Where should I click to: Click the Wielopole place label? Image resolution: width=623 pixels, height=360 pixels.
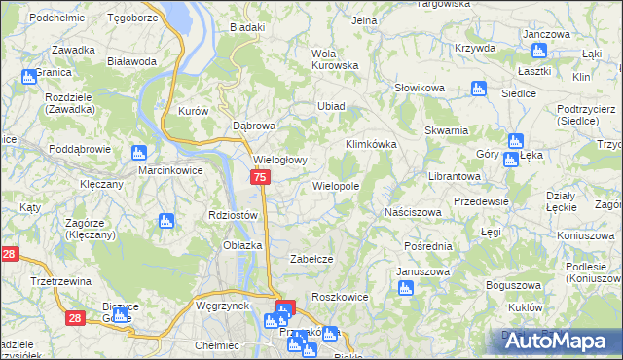coord(336,185)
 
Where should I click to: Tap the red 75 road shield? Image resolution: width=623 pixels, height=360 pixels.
coord(260,177)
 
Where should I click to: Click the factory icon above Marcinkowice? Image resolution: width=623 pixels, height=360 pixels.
coord(138,152)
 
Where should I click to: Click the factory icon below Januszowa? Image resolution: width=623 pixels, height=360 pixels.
coord(406,288)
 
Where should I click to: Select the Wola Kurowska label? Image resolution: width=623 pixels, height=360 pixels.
coord(334,59)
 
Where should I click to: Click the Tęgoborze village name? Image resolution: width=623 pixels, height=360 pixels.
coord(133,18)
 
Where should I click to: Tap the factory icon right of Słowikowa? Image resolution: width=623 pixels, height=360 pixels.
coord(477,89)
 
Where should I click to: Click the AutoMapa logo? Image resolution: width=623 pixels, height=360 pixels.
coord(560,341)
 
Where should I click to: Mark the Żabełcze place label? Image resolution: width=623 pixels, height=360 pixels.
coord(313,259)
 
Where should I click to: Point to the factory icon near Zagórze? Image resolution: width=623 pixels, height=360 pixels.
coord(165,221)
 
